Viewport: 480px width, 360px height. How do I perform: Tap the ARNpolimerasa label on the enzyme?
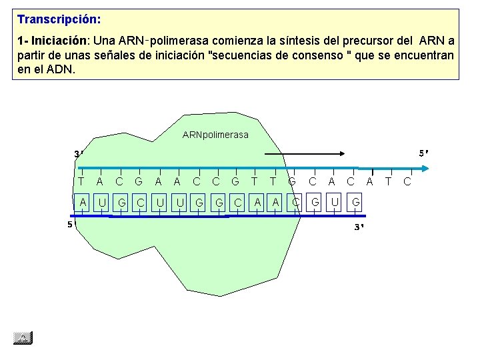[x=215, y=135]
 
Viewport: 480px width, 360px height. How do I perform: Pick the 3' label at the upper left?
[x=79, y=155]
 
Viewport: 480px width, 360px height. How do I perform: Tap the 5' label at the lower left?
[x=70, y=225]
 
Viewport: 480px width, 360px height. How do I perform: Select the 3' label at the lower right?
[x=359, y=227]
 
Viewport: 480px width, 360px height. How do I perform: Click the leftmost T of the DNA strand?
[x=81, y=181]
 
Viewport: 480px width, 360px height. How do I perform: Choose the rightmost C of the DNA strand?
[x=407, y=181]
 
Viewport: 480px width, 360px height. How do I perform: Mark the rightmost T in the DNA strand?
[x=389, y=181]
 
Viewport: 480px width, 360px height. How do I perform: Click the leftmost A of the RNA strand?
[x=83, y=202]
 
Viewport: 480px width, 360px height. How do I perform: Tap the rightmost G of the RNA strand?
[x=357, y=202]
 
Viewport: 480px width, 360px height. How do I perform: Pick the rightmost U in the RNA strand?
[x=335, y=202]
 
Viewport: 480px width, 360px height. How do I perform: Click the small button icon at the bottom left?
[x=23, y=338]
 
